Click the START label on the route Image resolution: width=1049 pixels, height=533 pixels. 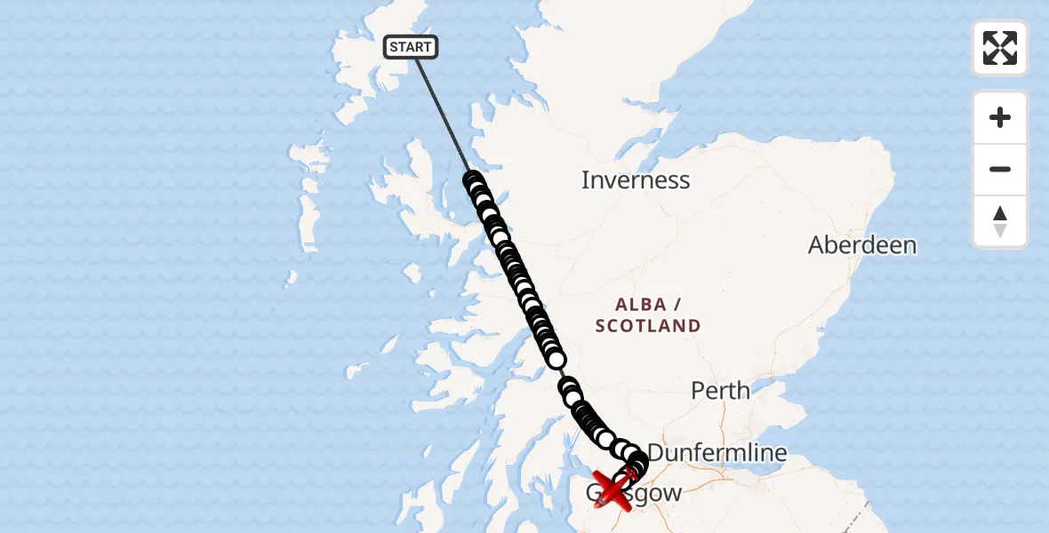point(411,47)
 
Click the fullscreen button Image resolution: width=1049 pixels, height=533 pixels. point(1000,48)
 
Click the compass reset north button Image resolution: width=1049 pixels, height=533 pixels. point(1000,222)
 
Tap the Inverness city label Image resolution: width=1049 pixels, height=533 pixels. point(635,180)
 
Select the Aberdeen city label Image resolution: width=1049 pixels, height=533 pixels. point(861,245)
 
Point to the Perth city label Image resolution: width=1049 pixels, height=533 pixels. point(720,390)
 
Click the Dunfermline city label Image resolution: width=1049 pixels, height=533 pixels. point(717,453)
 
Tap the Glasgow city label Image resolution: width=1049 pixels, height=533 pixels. point(634,494)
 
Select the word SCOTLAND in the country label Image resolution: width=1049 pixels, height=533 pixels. point(648,326)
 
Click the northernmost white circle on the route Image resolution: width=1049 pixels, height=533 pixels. point(472,180)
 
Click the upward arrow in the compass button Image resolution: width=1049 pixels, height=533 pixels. point(1000,213)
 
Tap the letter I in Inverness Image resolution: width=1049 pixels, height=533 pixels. point(585,180)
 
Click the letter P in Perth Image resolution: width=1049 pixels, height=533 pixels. point(698,390)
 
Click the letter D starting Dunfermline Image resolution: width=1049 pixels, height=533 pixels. point(657,453)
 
